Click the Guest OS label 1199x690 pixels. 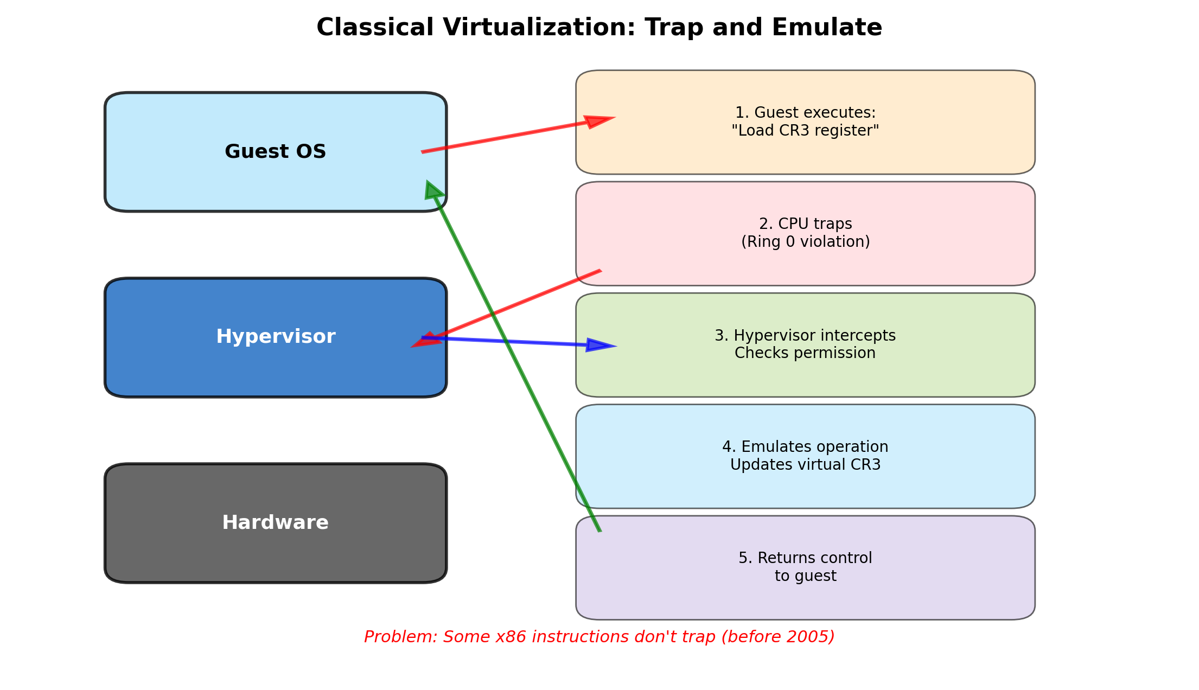pyautogui.click(x=275, y=151)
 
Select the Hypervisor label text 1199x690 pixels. pyautogui.click(x=276, y=337)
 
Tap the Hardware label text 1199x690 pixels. pyautogui.click(x=275, y=523)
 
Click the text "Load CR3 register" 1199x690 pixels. pyautogui.click(x=805, y=131)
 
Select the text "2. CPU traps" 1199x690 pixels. pyautogui.click(x=805, y=224)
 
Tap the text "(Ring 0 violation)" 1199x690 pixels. pyautogui.click(x=805, y=242)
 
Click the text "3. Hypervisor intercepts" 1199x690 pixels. pyautogui.click(x=805, y=336)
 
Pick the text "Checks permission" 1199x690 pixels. pyautogui.click(x=805, y=353)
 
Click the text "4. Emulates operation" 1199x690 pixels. pyautogui.click(x=805, y=447)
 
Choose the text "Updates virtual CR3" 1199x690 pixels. pyautogui.click(x=805, y=465)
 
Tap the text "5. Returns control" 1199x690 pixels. pyautogui.click(x=805, y=558)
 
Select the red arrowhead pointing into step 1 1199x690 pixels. pyautogui.click(x=598, y=121)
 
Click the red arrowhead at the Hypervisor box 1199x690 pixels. pyautogui.click(x=425, y=340)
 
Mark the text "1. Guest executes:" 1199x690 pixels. pyautogui.click(x=805, y=113)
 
